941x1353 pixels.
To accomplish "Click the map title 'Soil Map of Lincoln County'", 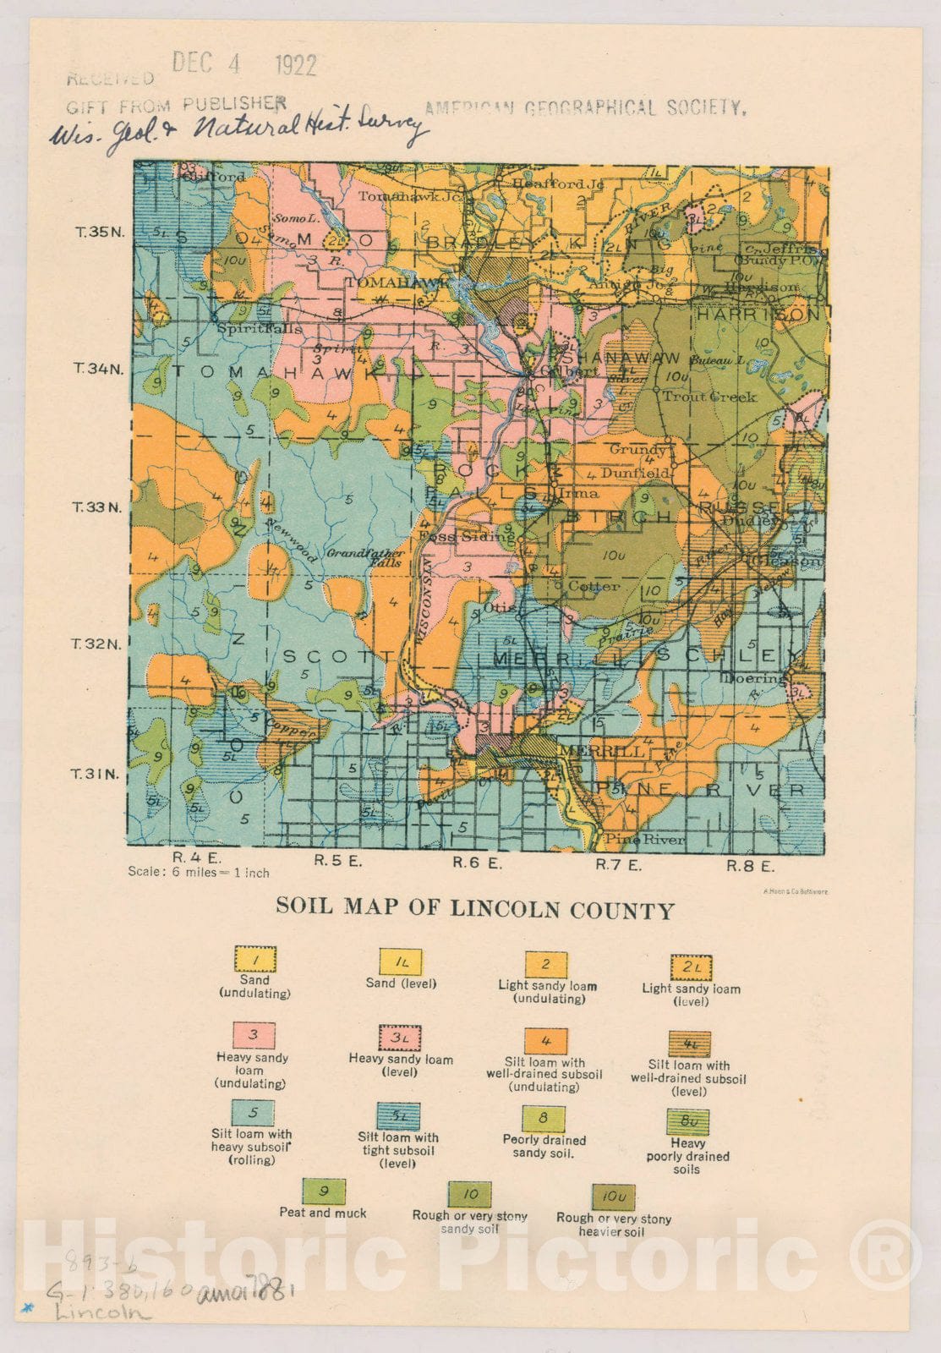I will pos(474,909).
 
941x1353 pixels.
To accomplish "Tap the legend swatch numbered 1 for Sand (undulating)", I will pos(254,959).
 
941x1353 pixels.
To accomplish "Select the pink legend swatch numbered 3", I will pos(253,1035).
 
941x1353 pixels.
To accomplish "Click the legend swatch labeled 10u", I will pos(613,1197).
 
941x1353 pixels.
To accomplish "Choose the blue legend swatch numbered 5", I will pos(252,1113).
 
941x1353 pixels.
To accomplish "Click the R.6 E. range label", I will pos(477,863).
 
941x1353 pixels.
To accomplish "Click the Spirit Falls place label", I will pos(248,327).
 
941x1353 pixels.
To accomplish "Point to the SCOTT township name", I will pos(337,656).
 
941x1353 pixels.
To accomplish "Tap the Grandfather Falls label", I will pos(364,557).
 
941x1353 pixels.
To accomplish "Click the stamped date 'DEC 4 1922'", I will pos(243,63).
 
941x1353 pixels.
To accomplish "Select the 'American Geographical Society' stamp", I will pos(584,107).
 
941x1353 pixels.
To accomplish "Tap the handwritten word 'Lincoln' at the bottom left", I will pos(101,1312).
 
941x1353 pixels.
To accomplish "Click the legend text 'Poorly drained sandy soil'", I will pos(544,1146).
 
